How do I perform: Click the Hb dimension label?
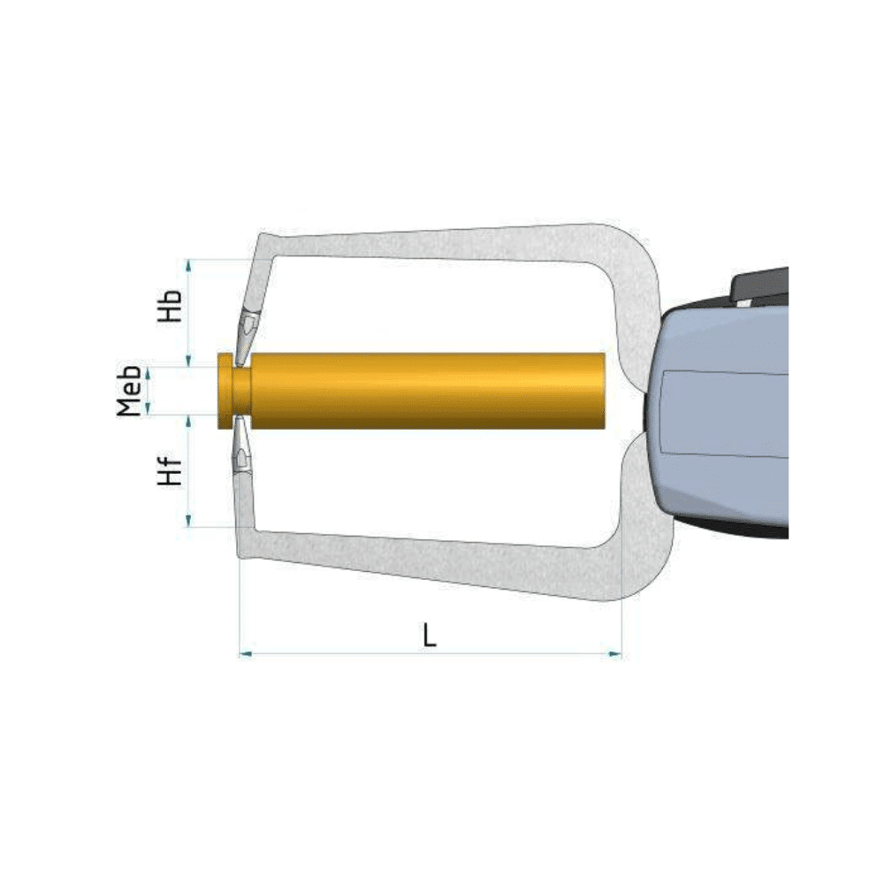pos(171,306)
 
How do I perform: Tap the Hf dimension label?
pos(171,470)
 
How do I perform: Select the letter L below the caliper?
pos(430,636)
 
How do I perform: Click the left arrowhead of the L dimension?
pos(245,654)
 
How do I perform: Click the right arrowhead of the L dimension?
pos(615,654)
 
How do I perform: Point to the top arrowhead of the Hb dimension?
pos(189,266)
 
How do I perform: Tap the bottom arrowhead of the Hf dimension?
pos(189,521)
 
